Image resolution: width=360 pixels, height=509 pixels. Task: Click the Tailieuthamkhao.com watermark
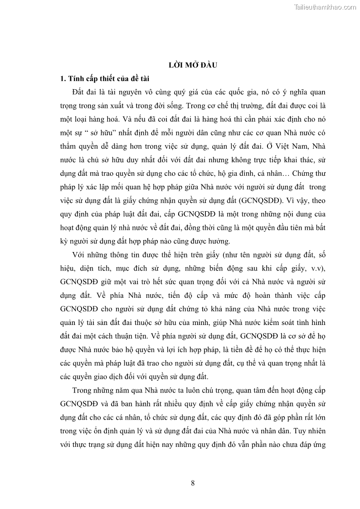(x=326, y=7)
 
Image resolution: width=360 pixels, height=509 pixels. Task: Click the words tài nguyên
(x=117, y=92)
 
